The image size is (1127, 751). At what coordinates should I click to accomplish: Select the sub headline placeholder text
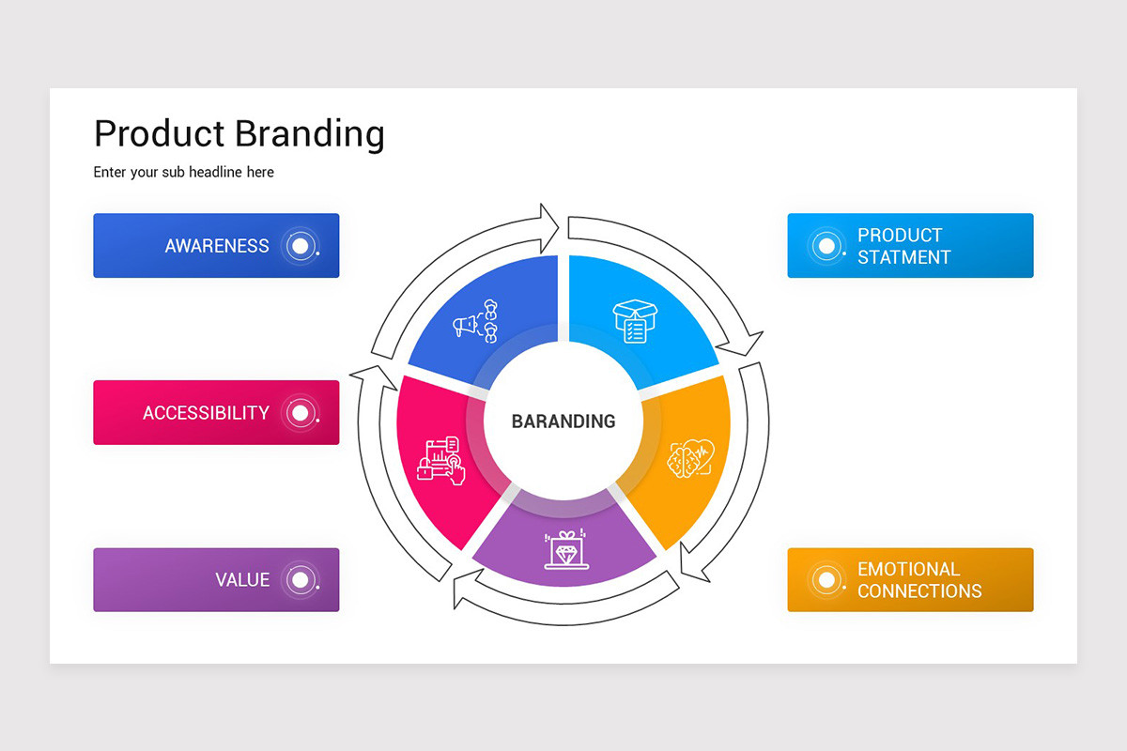coord(183,173)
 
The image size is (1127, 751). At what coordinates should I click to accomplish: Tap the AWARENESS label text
coord(217,246)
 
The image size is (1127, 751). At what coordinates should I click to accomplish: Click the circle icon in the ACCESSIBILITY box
coord(300,412)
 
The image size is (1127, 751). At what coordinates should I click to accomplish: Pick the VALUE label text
coord(242,580)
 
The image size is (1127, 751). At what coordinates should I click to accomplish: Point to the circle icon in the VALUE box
coord(300,580)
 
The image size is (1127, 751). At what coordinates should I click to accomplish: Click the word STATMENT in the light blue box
coord(903,257)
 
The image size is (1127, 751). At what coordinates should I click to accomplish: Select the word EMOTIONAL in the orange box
coord(908,569)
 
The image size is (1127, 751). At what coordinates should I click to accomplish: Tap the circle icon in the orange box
coord(826,580)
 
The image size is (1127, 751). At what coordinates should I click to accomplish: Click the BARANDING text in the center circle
coord(563,421)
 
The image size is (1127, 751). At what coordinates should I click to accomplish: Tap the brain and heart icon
coord(689,458)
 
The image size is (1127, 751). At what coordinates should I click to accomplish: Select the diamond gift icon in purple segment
coord(566,550)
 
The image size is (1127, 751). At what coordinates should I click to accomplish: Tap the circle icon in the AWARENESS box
coord(300,246)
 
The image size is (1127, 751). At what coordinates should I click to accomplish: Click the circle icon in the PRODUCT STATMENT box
coord(826,246)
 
